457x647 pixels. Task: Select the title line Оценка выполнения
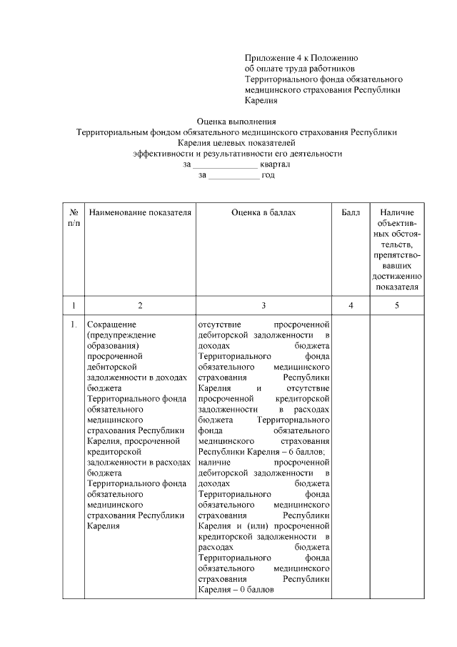point(236,121)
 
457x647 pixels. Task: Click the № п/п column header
point(74,218)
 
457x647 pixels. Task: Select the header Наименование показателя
point(140,212)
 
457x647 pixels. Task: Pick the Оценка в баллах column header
point(263,212)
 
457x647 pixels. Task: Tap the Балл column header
point(351,212)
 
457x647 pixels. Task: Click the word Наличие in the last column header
point(397,212)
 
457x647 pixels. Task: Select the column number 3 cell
point(263,305)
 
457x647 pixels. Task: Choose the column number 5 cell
point(397,305)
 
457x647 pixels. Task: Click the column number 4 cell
point(351,305)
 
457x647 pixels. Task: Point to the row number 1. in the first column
point(74,325)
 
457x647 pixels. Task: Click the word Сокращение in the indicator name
point(106,325)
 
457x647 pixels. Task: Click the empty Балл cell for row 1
point(351,458)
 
